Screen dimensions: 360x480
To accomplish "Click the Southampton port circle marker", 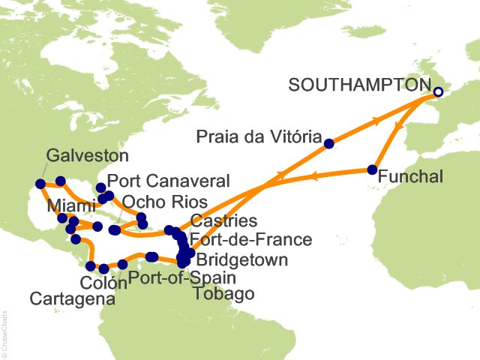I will click(438, 93).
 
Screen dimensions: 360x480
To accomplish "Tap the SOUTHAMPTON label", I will click(360, 85).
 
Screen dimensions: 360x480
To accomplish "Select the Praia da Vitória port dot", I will click(328, 141).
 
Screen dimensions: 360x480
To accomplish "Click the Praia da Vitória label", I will click(258, 136).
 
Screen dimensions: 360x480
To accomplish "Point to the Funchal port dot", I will click(372, 169).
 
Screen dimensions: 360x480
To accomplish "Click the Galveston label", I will click(87, 157).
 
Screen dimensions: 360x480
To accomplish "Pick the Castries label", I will click(223, 221).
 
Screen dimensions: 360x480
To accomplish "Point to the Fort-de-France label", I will click(250, 241).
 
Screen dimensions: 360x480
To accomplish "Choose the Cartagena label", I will click(72, 299).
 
